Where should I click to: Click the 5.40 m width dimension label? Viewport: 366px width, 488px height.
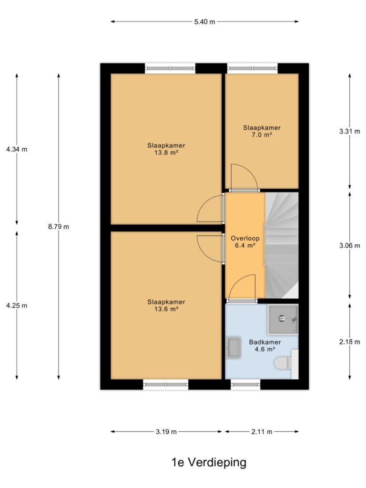pos(204,22)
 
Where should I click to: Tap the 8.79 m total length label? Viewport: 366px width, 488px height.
pos(59,227)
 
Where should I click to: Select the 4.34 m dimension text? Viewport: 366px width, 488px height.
pos(17,149)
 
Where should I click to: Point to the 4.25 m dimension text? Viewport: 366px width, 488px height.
pos(17,305)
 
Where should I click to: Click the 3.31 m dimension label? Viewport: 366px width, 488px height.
pos(349,132)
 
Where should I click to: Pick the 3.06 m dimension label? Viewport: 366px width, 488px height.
pos(349,245)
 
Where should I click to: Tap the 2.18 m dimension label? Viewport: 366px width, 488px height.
pos(349,342)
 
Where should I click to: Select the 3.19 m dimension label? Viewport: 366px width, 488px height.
pos(166,432)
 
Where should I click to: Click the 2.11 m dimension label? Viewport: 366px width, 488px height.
pos(262,432)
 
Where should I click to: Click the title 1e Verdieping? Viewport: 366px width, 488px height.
pos(209,462)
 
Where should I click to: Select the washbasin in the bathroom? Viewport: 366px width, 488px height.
pos(233,347)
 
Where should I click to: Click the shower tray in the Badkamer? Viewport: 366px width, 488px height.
pos(283,319)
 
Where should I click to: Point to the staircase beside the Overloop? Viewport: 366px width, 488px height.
pos(282,245)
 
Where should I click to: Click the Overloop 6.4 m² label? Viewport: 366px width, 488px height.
pos(245,242)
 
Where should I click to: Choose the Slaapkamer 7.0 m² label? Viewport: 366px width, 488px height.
pos(262,132)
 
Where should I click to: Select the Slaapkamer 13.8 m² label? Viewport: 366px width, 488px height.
pos(166,149)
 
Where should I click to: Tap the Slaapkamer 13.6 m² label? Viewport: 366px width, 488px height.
pos(166,305)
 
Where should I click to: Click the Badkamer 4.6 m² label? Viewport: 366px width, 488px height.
pos(265,346)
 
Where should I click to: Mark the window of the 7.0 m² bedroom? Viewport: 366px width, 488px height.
pos(253,69)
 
